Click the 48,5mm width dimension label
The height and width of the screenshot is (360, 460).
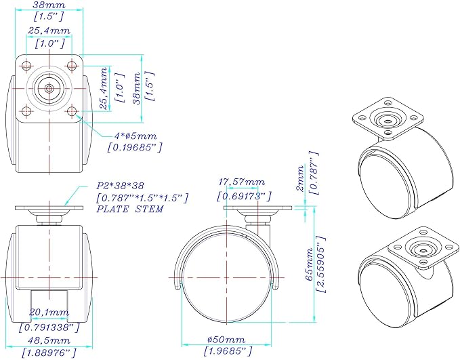pos(49,340)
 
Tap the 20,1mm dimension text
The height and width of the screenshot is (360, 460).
pos(49,313)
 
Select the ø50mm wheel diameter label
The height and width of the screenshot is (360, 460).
pos(226,340)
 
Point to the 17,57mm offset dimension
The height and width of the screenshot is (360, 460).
pos(241,182)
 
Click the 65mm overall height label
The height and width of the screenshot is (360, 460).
pos(310,264)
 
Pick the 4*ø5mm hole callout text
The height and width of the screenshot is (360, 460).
pos(135,136)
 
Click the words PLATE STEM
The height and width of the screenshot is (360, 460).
pos(130,209)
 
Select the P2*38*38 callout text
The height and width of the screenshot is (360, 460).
pos(121,186)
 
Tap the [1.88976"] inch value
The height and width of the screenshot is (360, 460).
pos(49,352)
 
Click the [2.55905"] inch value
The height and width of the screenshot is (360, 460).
pos(321,264)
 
